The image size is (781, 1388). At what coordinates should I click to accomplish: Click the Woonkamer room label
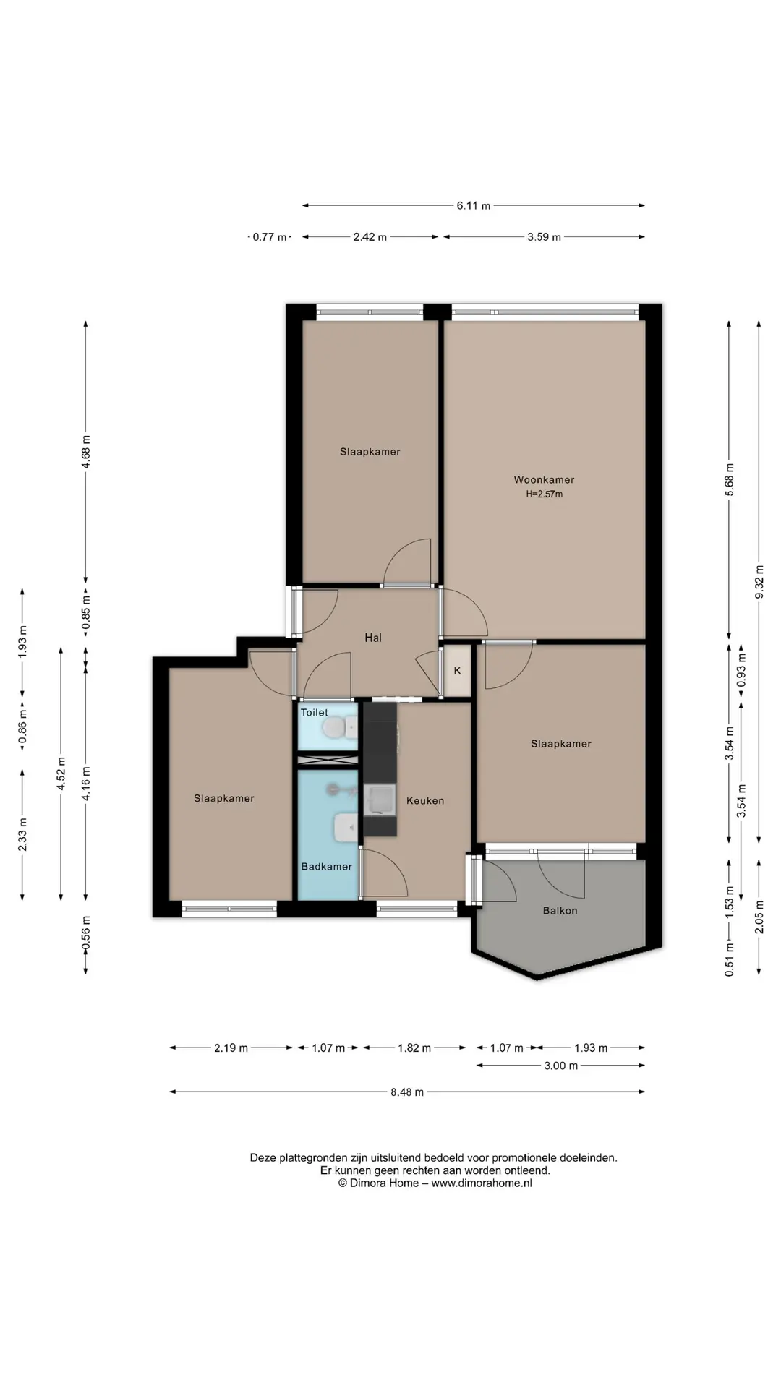[x=544, y=479]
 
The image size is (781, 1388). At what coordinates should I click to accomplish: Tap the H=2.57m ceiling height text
[x=544, y=494]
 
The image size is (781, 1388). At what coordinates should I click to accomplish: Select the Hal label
[x=373, y=638]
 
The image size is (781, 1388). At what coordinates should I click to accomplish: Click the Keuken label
[x=425, y=800]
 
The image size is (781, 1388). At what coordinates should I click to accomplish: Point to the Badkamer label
[x=327, y=866]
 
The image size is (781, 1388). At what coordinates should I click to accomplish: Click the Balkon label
[x=560, y=911]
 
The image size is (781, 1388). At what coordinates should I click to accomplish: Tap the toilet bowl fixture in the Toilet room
[x=340, y=729]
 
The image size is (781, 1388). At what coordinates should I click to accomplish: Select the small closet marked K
[x=457, y=671]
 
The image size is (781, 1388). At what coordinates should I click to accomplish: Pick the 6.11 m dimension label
[x=473, y=206]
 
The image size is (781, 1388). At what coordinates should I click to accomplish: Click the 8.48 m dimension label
[x=407, y=1092]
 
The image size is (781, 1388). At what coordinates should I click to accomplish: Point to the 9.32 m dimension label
[x=759, y=581]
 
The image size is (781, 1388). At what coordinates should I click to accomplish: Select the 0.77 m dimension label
[x=270, y=237]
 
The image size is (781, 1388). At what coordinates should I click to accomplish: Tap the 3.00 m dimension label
[x=561, y=1066]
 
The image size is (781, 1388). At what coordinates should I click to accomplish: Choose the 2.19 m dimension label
[x=231, y=1048]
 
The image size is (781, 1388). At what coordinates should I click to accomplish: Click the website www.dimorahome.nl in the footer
[x=482, y=1183]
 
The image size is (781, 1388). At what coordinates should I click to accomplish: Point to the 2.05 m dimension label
[x=759, y=917]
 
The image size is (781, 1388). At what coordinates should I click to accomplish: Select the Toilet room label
[x=315, y=713]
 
